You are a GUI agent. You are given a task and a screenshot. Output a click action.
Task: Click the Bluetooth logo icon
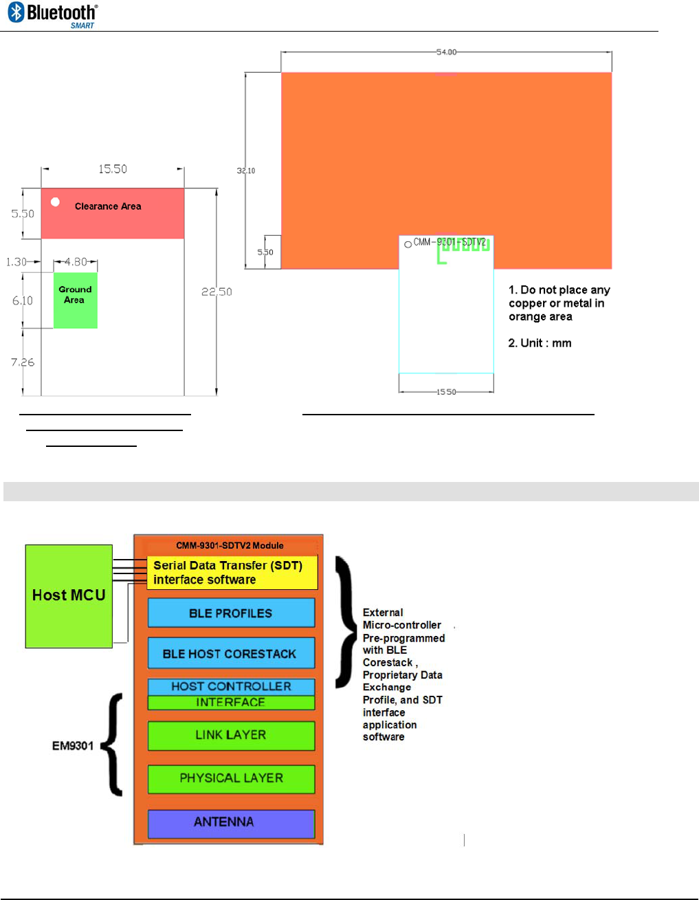(x=16, y=12)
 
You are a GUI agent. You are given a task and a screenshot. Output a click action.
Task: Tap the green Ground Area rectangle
(x=76, y=300)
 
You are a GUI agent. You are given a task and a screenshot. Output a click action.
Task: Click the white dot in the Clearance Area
(x=55, y=202)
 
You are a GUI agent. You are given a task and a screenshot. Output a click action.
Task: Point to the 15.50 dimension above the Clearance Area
(x=113, y=169)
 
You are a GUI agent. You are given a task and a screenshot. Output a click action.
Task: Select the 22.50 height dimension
(x=217, y=292)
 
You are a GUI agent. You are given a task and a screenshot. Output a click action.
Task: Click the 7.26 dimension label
(x=23, y=362)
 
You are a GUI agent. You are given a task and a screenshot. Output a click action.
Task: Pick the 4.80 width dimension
(x=76, y=262)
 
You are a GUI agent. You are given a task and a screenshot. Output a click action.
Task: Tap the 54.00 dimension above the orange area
(x=446, y=52)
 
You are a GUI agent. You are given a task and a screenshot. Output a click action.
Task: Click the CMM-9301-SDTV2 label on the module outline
(x=450, y=242)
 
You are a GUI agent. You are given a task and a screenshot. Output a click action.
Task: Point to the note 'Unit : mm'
(x=540, y=343)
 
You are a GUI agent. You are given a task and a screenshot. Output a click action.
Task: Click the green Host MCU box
(x=69, y=595)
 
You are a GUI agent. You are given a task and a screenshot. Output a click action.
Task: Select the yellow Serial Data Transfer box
(x=232, y=573)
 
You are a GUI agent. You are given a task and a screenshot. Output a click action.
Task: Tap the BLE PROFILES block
(x=231, y=613)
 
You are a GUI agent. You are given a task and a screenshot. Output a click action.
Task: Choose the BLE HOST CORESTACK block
(x=231, y=654)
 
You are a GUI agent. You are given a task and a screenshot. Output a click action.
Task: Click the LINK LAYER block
(x=231, y=735)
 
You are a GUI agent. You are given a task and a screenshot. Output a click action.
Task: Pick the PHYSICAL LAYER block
(x=231, y=778)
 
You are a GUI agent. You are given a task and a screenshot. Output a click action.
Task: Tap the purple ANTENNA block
(x=231, y=822)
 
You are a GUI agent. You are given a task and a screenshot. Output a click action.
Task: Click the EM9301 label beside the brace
(x=73, y=746)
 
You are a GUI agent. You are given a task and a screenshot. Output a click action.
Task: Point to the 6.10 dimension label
(x=23, y=300)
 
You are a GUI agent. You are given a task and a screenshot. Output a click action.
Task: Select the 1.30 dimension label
(x=16, y=262)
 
